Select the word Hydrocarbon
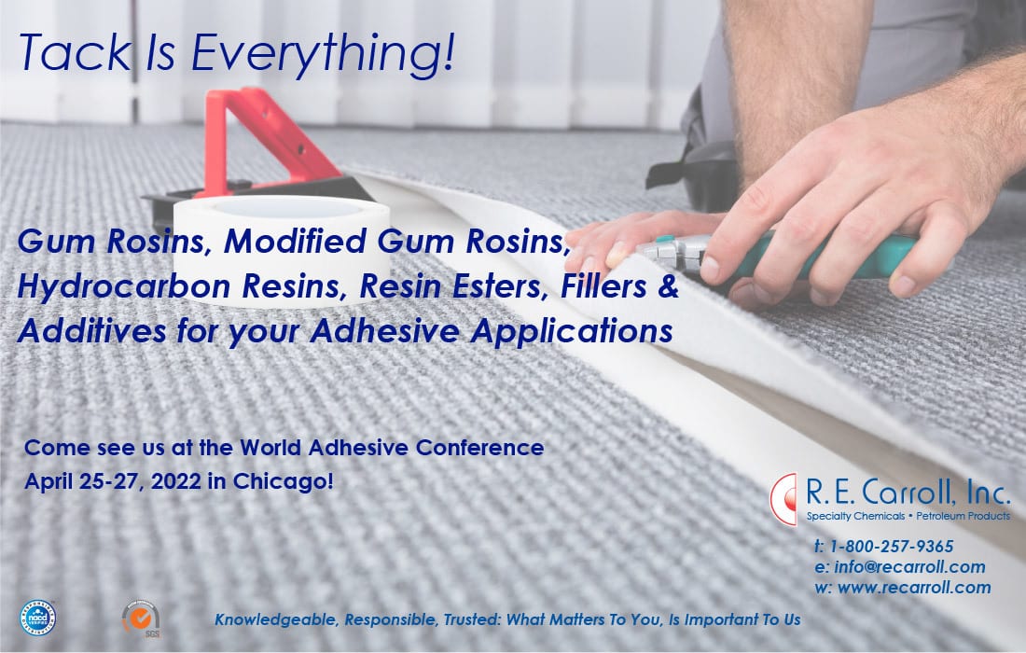[x=124, y=287]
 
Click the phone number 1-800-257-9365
[x=891, y=547]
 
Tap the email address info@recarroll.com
[x=909, y=566]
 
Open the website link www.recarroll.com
[x=914, y=588]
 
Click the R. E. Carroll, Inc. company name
[x=908, y=492]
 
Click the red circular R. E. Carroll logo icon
[x=783, y=499]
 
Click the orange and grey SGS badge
[x=142, y=619]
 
